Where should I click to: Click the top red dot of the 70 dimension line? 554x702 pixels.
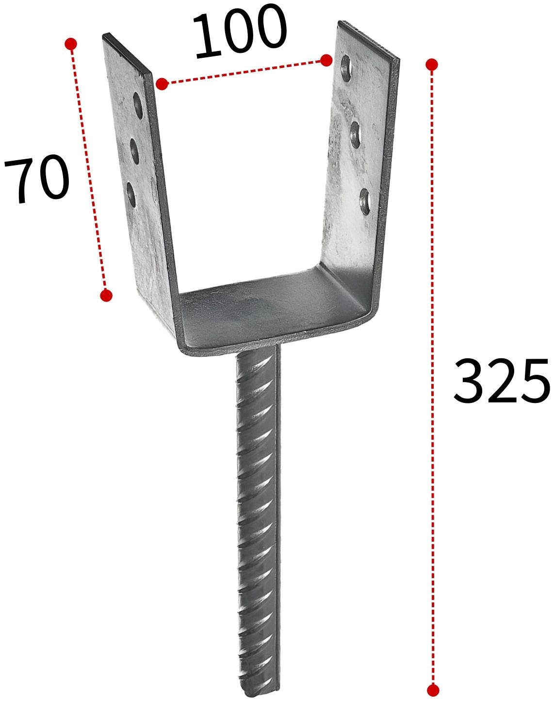71,44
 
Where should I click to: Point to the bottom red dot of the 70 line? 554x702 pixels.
106,296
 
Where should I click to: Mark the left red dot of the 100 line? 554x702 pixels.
162,84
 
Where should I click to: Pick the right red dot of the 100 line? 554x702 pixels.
326,60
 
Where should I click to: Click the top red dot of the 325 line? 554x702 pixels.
432,65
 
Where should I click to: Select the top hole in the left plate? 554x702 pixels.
138,105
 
